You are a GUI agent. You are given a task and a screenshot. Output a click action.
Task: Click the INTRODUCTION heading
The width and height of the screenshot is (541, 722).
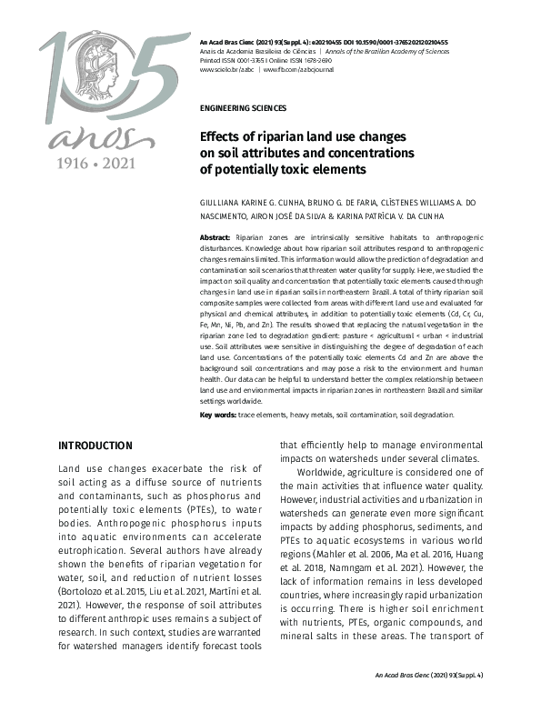[x=95, y=446]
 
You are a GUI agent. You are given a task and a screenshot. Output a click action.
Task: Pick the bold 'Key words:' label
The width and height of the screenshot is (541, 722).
[x=217, y=416]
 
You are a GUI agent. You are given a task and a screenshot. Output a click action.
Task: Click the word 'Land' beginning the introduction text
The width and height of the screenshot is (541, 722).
[x=72, y=466]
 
